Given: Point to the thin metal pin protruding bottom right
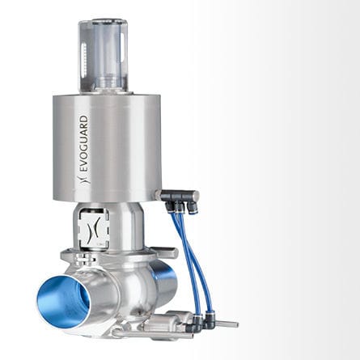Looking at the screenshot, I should point(226,324).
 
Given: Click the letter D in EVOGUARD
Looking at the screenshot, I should point(83,121).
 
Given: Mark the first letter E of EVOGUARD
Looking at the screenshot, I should point(83,172).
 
